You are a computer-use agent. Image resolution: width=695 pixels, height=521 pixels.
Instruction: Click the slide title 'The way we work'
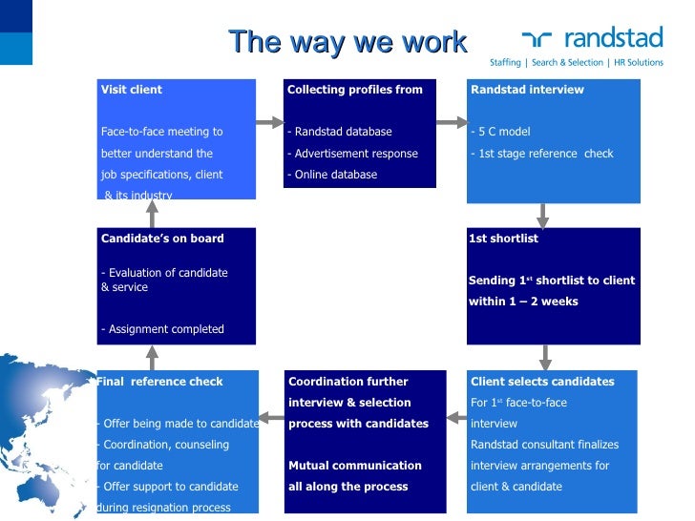347,42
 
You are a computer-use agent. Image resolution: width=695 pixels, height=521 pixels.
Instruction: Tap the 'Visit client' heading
132,90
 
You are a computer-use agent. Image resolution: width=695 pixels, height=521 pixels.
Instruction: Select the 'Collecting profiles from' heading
354,90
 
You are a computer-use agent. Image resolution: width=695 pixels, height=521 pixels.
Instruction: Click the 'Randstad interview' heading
527,90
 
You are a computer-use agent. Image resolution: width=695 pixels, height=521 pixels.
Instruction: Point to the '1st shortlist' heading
503,239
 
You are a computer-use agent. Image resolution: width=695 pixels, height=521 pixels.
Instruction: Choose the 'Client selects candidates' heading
542,382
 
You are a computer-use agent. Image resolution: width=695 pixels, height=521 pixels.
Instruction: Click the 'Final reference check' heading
160,382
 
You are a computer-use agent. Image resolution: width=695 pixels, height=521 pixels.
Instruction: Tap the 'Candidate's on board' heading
162,239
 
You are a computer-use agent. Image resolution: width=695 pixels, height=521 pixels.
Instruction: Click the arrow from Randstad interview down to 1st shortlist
543,215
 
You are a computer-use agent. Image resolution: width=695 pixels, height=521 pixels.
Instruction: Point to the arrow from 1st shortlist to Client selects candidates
545,357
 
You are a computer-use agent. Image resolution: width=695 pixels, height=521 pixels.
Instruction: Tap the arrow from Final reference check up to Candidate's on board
152,357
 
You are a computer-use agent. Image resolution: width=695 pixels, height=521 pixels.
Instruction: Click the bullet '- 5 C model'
500,132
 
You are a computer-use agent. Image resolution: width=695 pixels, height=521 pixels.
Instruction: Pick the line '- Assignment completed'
162,329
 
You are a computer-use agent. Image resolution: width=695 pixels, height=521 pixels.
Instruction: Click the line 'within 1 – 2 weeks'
523,302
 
